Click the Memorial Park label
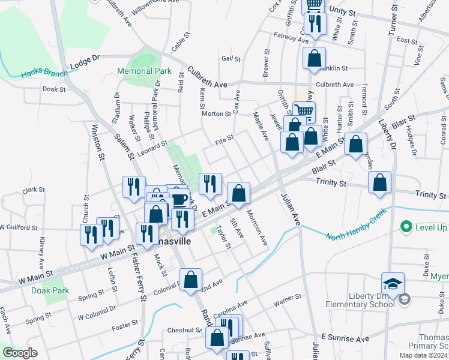pos(144,71)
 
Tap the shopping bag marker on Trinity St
pos(379,183)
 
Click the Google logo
pos(20,353)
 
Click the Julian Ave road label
pos(289,208)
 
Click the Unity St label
pos(342,11)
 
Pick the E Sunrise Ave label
pos(345,338)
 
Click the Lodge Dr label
pos(84,62)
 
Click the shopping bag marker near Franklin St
pos(314,59)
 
